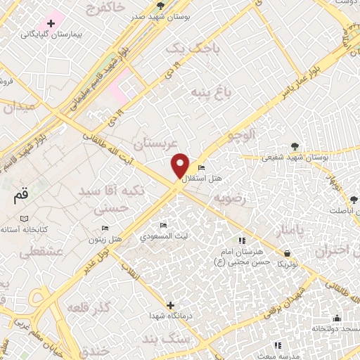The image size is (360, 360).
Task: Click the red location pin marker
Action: [x=181, y=165]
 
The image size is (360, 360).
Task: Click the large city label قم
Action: [x=20, y=195]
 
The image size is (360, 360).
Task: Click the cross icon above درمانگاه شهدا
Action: [x=170, y=304]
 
